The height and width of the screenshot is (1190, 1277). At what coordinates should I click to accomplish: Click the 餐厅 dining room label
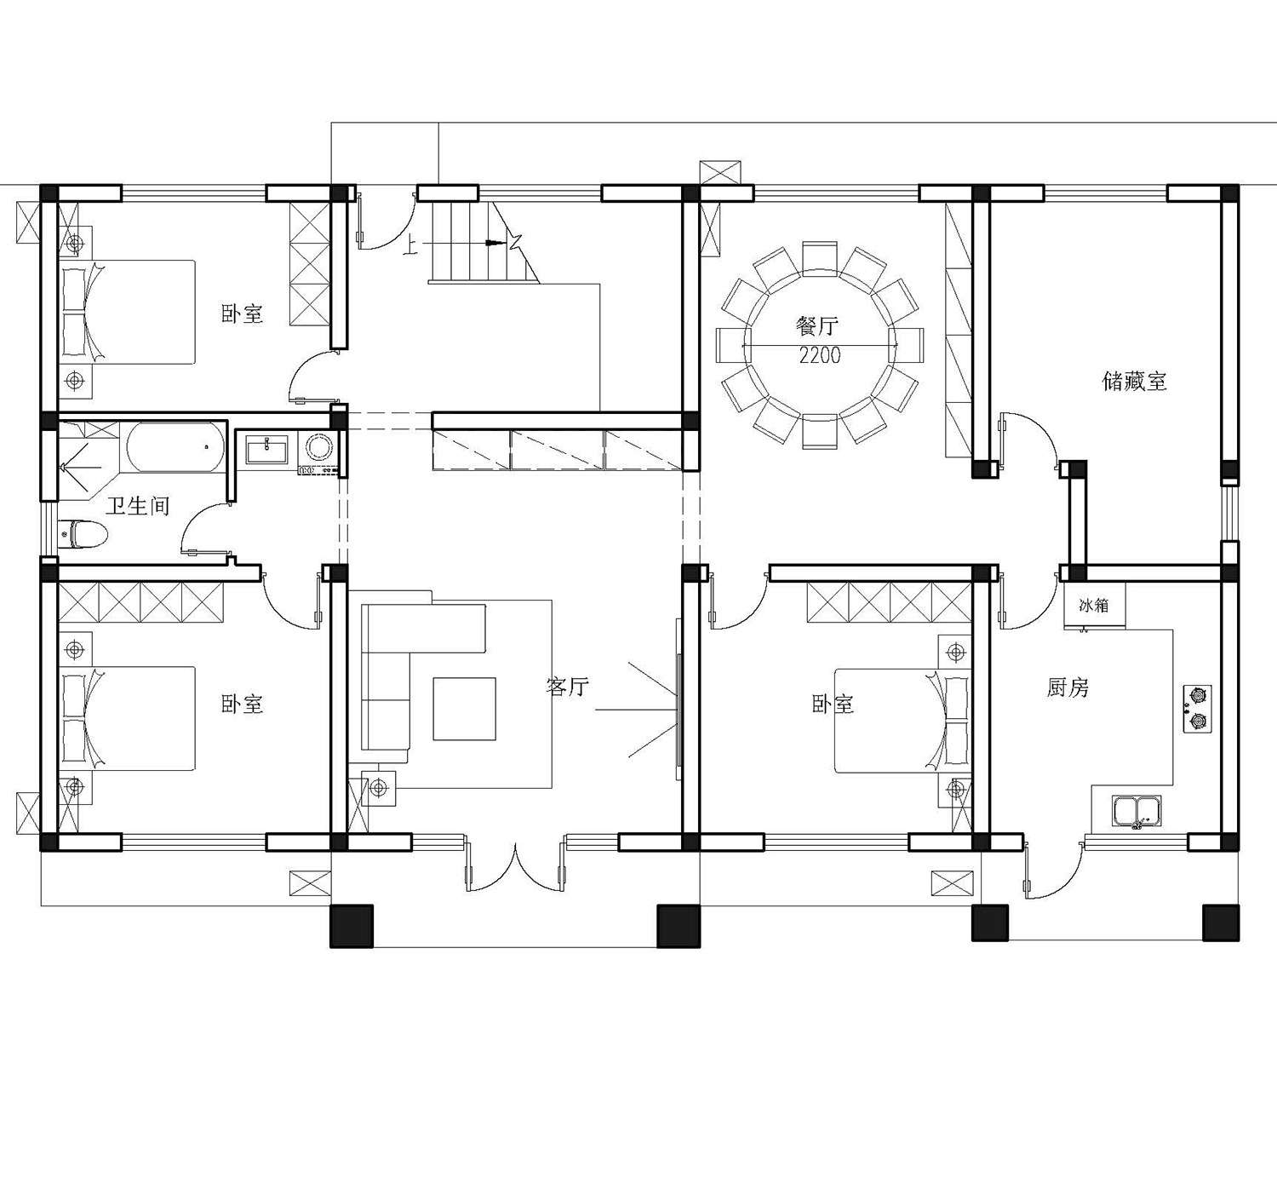817,326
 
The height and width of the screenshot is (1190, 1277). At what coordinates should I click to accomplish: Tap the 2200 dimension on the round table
820,355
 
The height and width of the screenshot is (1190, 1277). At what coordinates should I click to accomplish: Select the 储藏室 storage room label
1134,381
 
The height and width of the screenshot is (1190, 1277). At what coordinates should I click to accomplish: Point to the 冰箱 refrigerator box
1094,605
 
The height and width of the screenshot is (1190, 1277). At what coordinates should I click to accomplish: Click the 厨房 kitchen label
1068,688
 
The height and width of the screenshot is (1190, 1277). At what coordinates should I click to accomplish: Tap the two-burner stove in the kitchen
1197,709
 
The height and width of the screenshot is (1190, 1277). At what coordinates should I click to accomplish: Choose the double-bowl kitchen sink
1137,811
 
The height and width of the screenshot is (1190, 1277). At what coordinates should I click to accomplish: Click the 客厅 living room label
567,686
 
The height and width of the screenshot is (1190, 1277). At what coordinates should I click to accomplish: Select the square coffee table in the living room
464,709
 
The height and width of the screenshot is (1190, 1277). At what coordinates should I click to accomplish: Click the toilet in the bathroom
83,534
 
